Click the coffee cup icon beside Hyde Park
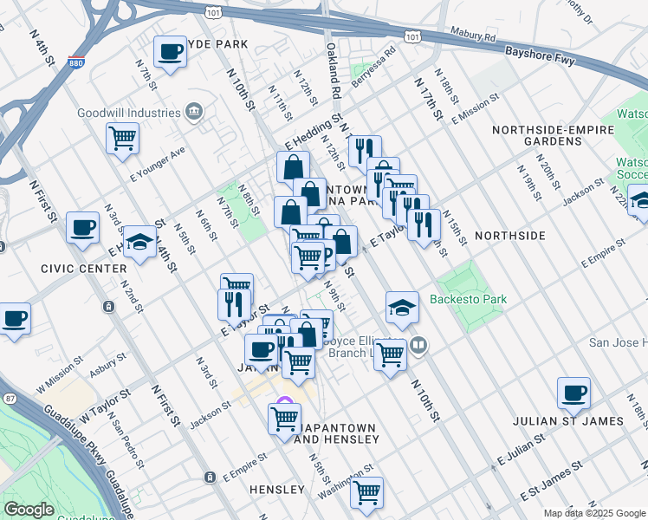[x=169, y=51]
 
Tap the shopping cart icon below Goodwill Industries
[x=123, y=137]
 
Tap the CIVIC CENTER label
[x=83, y=269]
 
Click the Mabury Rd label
[x=472, y=36]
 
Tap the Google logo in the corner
[x=29, y=510]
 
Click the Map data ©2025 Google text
[x=593, y=513]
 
